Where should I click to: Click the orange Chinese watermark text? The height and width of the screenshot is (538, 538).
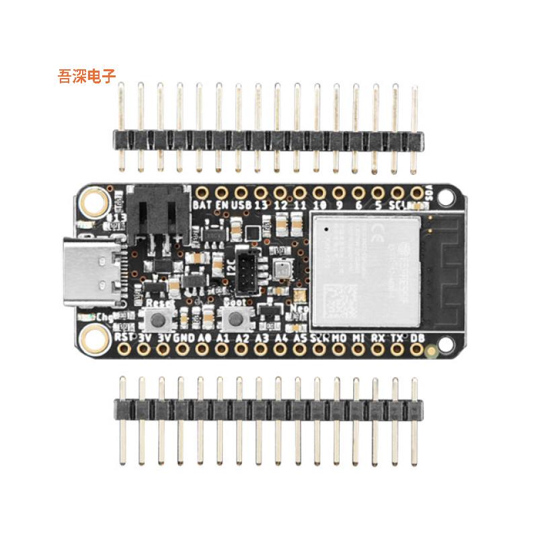(x=87, y=76)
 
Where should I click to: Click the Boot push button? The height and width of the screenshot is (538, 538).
(x=236, y=318)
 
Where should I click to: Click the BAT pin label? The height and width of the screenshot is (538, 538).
(x=201, y=204)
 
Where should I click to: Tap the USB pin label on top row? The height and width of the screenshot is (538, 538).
(x=240, y=204)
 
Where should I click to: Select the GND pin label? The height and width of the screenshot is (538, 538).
(x=184, y=338)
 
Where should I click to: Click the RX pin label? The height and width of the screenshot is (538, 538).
(x=378, y=338)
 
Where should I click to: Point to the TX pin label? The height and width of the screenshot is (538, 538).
(x=397, y=338)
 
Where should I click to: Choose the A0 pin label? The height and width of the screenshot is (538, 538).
(x=204, y=338)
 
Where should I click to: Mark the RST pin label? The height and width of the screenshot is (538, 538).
(x=124, y=336)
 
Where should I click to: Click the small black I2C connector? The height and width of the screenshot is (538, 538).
(x=248, y=268)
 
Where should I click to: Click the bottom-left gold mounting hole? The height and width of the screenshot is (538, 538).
(x=94, y=340)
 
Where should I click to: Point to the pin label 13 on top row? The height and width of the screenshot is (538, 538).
(x=261, y=204)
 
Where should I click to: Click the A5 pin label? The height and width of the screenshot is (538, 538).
(x=300, y=338)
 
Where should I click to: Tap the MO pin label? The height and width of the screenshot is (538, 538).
(x=340, y=338)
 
